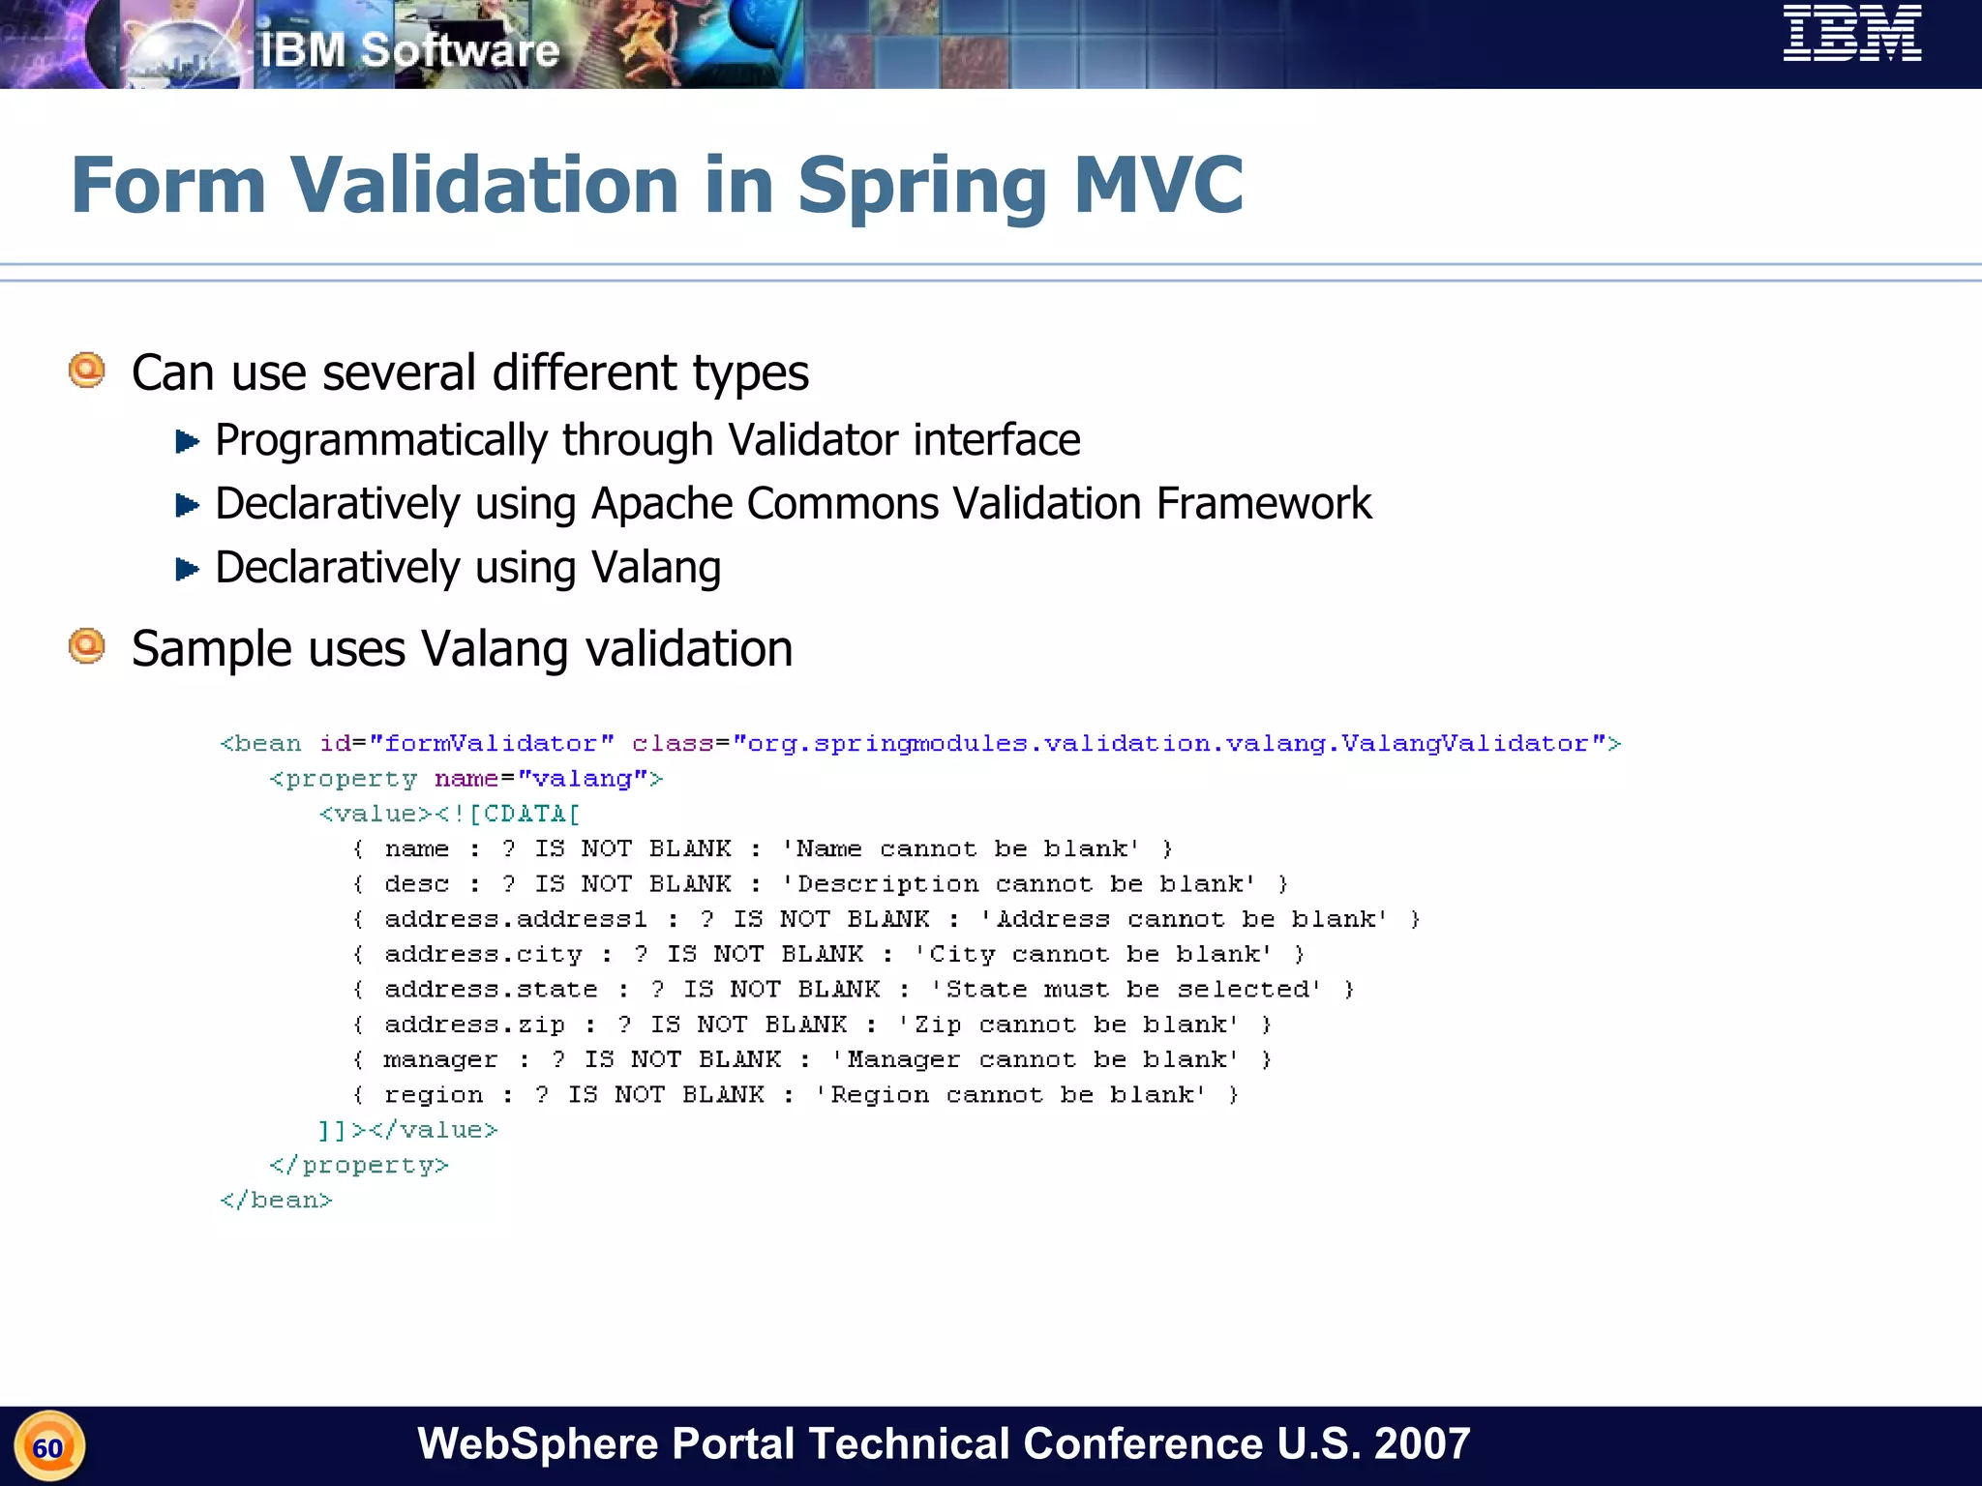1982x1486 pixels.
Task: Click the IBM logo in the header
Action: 1851,34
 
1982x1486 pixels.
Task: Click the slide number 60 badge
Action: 49,1447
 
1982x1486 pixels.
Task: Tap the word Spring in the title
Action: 922,186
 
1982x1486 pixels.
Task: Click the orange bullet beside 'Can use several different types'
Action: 87,371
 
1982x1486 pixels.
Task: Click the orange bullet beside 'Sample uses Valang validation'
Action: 87,646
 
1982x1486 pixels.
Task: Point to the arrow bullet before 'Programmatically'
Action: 187,442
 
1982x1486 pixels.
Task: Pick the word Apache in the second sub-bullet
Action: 668,504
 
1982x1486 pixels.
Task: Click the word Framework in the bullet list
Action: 1263,504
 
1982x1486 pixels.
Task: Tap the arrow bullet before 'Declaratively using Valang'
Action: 187,569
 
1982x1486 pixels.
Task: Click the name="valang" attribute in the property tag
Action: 548,779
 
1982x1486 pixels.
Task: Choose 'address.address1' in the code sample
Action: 515,919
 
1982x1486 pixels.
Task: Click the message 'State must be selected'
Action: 1126,990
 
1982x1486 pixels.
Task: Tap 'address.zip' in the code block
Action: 474,1025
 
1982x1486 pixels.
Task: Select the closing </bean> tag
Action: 276,1201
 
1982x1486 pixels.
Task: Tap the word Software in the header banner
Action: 460,50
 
